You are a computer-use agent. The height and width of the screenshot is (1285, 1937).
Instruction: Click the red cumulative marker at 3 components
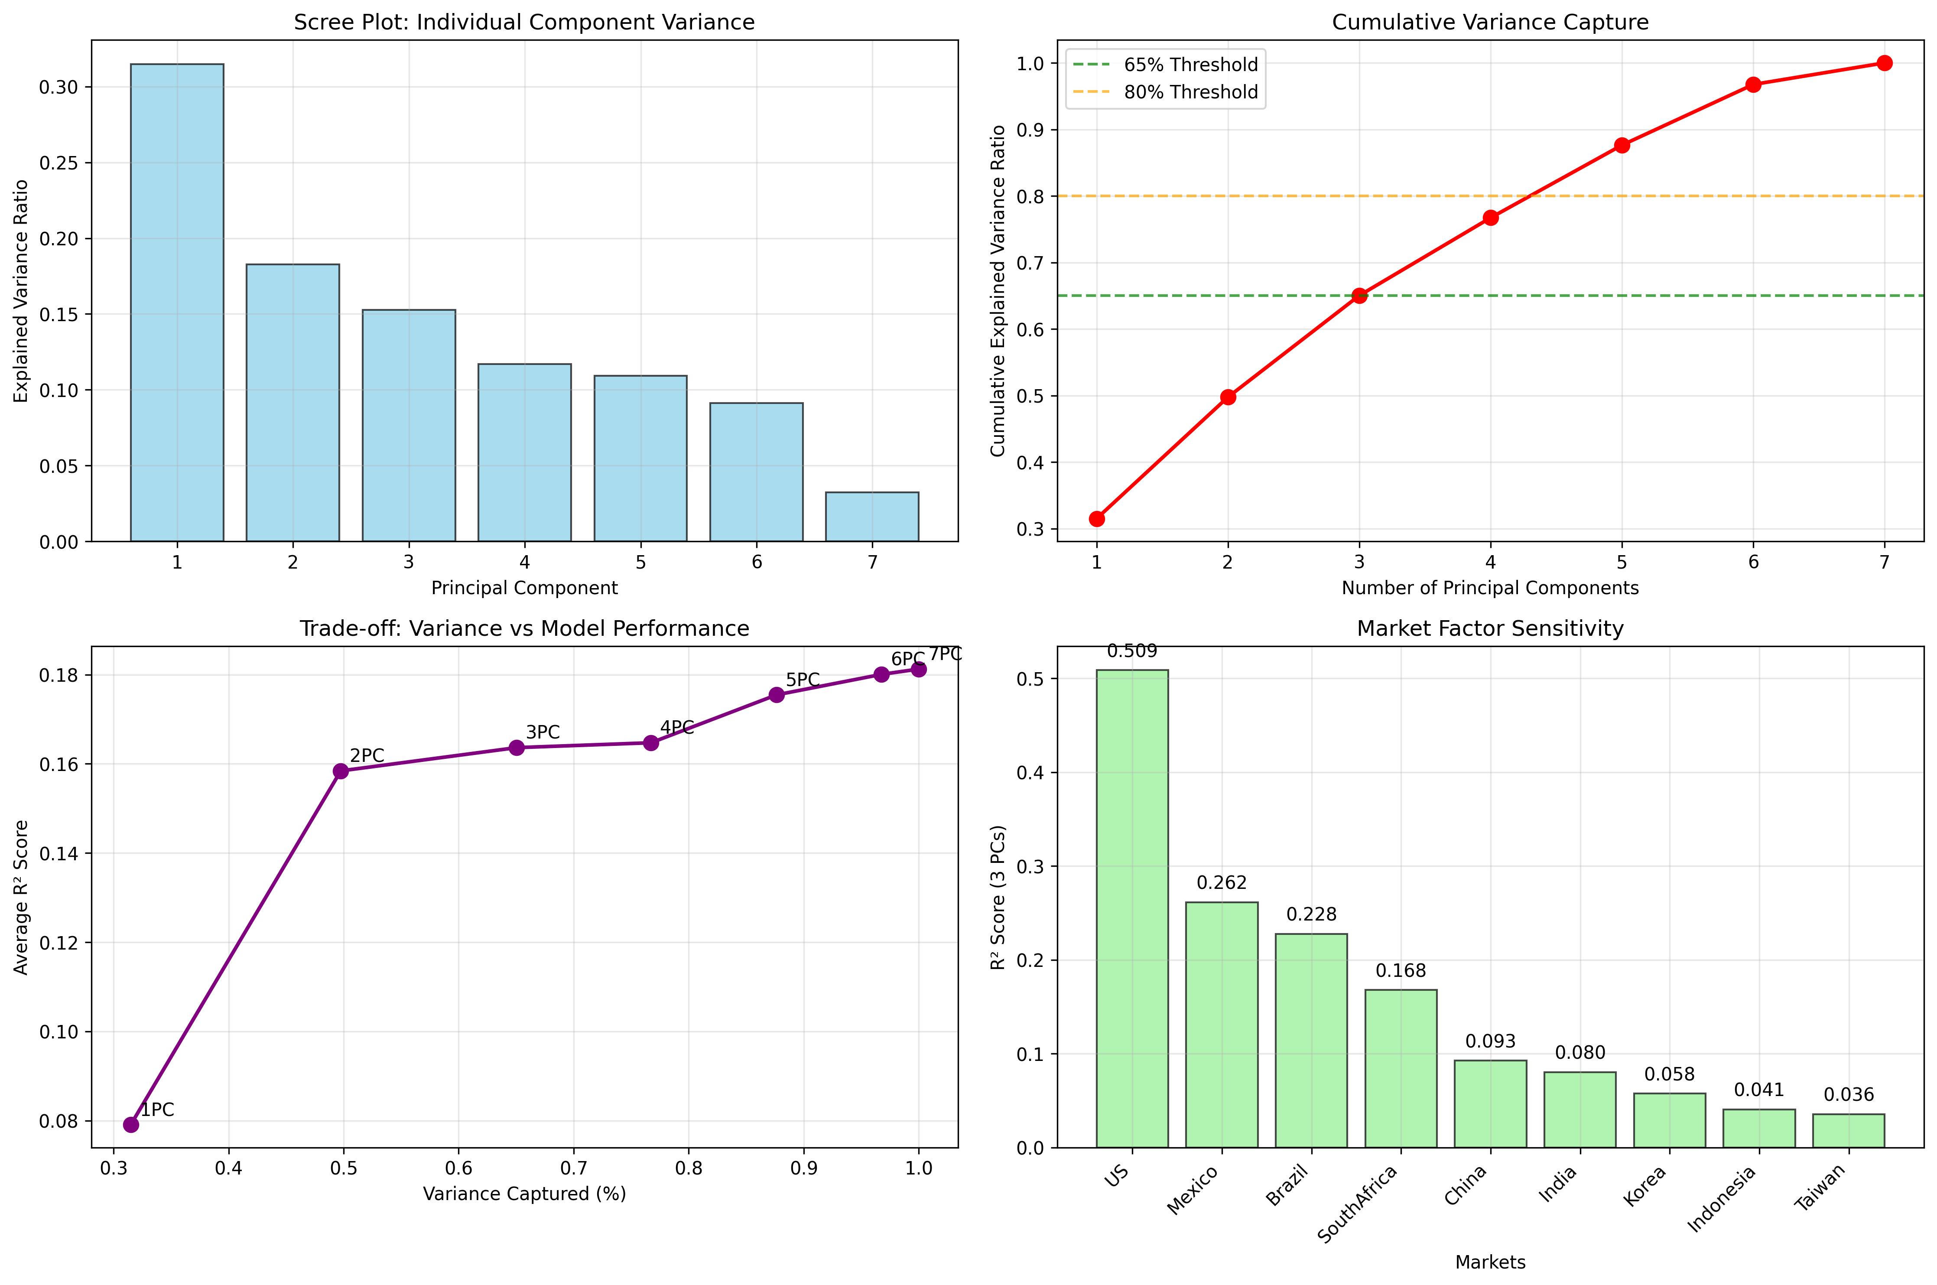1359,296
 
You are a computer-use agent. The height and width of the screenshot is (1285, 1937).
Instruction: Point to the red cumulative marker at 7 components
1885,63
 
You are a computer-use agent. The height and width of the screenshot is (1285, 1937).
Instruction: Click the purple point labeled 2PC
341,771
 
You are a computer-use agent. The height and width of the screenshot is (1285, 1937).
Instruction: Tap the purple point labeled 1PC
131,1124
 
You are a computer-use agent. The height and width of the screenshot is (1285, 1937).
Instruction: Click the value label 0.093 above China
1490,1041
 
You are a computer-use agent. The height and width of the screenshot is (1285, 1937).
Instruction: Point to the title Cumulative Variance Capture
1490,22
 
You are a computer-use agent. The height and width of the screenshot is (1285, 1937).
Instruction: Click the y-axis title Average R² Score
21,898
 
